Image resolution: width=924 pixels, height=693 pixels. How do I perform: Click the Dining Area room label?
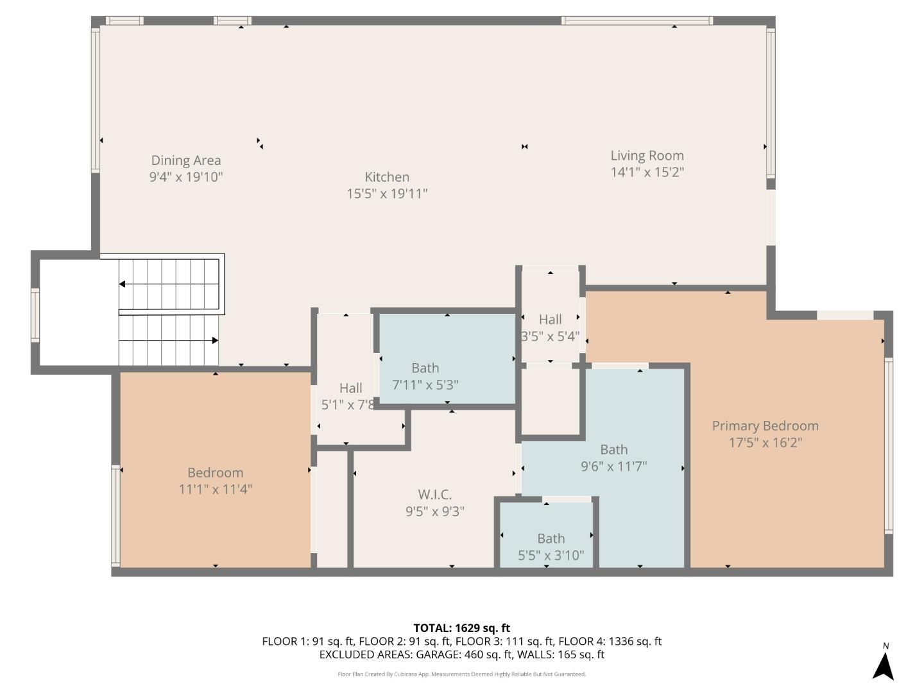pyautogui.click(x=185, y=160)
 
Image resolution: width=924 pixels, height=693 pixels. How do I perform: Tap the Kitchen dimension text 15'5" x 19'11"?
pyautogui.click(x=387, y=194)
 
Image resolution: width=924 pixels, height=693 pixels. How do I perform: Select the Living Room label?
pyautogui.click(x=647, y=155)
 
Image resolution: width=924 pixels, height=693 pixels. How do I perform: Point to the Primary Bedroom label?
pyautogui.click(x=765, y=426)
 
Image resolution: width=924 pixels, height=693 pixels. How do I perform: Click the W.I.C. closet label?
pyautogui.click(x=434, y=495)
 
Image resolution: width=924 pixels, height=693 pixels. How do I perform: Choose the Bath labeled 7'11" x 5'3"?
pyautogui.click(x=425, y=368)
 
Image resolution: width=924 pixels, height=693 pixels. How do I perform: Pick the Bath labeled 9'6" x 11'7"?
pyautogui.click(x=613, y=450)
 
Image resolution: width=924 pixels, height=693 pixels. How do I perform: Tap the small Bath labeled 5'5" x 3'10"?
pyautogui.click(x=551, y=539)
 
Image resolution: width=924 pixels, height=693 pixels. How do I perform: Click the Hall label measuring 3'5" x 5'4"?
pyautogui.click(x=550, y=320)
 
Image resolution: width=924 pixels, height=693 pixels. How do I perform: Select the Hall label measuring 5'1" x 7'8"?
pyautogui.click(x=350, y=388)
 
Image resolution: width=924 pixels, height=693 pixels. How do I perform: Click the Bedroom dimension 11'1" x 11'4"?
pyautogui.click(x=215, y=490)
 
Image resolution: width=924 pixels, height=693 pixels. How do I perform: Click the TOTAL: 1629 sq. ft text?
pyautogui.click(x=461, y=628)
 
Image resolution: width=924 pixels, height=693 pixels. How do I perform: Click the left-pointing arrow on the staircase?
pyautogui.click(x=123, y=284)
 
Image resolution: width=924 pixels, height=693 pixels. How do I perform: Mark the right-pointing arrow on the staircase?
pyautogui.click(x=215, y=341)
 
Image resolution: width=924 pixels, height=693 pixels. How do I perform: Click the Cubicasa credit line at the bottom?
pyautogui.click(x=461, y=674)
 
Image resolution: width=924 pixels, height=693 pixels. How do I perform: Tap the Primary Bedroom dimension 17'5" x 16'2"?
pyautogui.click(x=765, y=443)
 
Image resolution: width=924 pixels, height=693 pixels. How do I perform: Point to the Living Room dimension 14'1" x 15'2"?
pyautogui.click(x=647, y=172)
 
